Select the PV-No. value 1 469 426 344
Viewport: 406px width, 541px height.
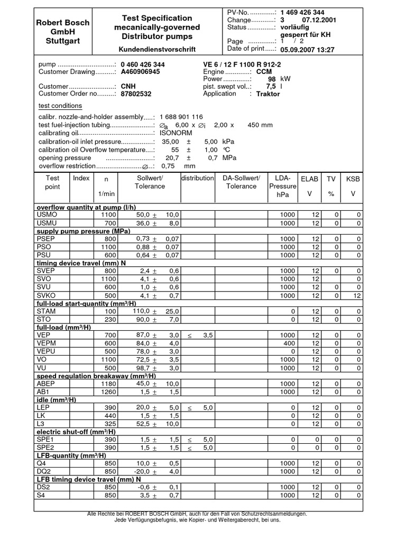pyautogui.click(x=302, y=12)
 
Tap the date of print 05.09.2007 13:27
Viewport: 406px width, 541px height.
pyautogui.click(x=307, y=50)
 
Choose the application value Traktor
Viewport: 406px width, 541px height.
pyautogui.click(x=268, y=94)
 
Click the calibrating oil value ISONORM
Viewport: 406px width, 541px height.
pyautogui.click(x=176, y=133)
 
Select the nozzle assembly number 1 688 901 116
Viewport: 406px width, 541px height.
pyautogui.click(x=181, y=116)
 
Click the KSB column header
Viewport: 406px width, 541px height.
pyautogui.click(x=353, y=179)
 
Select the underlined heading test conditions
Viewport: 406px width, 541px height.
pyautogui.click(x=60, y=106)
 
